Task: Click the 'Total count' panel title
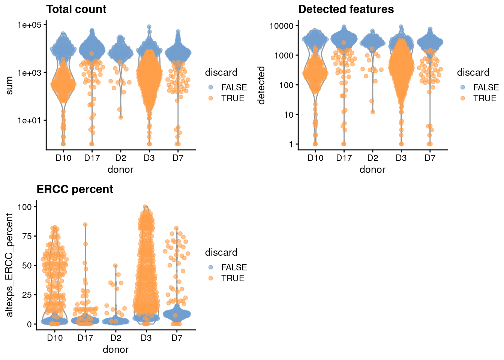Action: pyautogui.click(x=76, y=9)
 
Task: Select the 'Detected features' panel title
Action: pyautogui.click(x=346, y=9)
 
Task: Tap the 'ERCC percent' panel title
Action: pyautogui.click(x=75, y=189)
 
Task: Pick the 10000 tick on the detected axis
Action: pyautogui.click(x=281, y=25)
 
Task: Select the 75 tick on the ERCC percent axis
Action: pyautogui.click(x=27, y=236)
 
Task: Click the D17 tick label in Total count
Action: pyautogui.click(x=92, y=158)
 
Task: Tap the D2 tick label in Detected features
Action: pyautogui.click(x=372, y=158)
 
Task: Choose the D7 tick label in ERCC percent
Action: pyautogui.click(x=177, y=338)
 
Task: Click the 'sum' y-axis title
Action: pyautogui.click(x=10, y=85)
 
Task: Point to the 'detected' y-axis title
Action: pyautogui.click(x=261, y=85)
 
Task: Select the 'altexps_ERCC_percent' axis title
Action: pyautogui.click(x=10, y=265)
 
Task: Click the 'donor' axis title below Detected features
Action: pyautogui.click(x=372, y=170)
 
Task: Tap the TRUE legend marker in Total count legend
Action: pyautogui.click(x=211, y=98)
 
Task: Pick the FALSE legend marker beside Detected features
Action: pyautogui.click(x=463, y=87)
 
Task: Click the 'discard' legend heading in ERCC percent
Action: pyautogui.click(x=221, y=252)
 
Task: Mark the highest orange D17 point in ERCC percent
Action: pyautogui.click(x=85, y=225)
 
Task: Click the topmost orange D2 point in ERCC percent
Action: pyautogui.click(x=115, y=265)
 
